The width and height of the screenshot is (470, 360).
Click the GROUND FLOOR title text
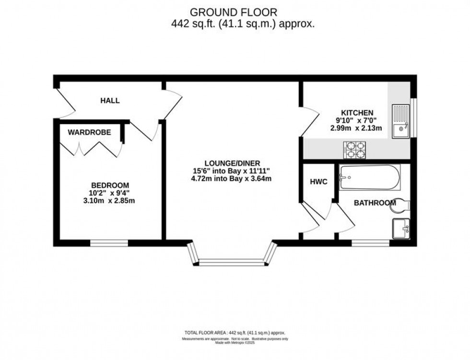tap(234, 12)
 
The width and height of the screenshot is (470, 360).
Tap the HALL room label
tap(110, 101)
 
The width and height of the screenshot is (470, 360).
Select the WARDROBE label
tap(89, 132)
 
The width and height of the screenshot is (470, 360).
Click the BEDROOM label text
tap(110, 185)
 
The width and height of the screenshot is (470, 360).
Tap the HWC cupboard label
tap(318, 182)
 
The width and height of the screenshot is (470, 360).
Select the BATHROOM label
tap(375, 203)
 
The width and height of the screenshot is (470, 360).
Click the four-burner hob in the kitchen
tap(355, 150)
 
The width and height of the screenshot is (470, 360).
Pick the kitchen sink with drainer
tap(399, 121)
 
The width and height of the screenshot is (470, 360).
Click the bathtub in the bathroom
tap(369, 176)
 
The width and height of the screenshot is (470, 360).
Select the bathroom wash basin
tap(400, 228)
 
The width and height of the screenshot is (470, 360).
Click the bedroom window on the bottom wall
tap(109, 244)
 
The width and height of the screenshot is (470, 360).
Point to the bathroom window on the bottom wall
tap(370, 244)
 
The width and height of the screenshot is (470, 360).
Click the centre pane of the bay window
tap(233, 262)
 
